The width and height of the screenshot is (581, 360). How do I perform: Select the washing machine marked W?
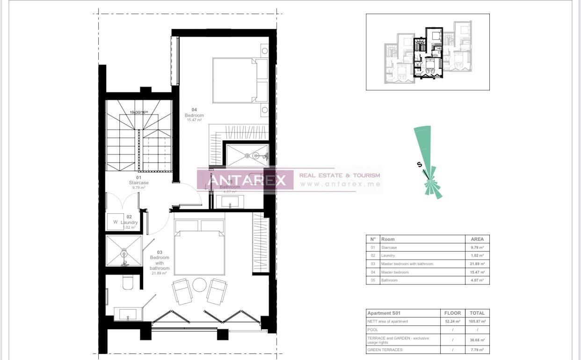click(x=116, y=222)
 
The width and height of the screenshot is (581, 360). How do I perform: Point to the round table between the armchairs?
click(x=200, y=285)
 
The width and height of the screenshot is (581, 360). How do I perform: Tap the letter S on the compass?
click(x=420, y=164)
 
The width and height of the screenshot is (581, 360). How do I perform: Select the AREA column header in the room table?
click(x=477, y=239)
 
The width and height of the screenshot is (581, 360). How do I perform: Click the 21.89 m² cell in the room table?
click(x=477, y=264)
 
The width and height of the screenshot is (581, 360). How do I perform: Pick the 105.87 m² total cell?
click(x=477, y=321)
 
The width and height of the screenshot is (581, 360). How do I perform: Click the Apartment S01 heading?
click(x=384, y=313)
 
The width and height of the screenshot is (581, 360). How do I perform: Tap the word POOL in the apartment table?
click(x=373, y=330)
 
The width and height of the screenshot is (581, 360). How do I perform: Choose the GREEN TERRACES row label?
click(x=385, y=349)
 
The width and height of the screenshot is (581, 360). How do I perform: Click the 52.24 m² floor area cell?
click(x=452, y=321)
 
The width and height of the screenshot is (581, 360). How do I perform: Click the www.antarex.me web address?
click(x=340, y=184)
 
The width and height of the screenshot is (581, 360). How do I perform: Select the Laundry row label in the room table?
click(x=388, y=256)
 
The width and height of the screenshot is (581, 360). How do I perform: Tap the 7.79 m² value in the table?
click(x=477, y=349)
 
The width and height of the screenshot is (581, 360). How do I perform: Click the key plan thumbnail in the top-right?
click(x=428, y=52)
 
